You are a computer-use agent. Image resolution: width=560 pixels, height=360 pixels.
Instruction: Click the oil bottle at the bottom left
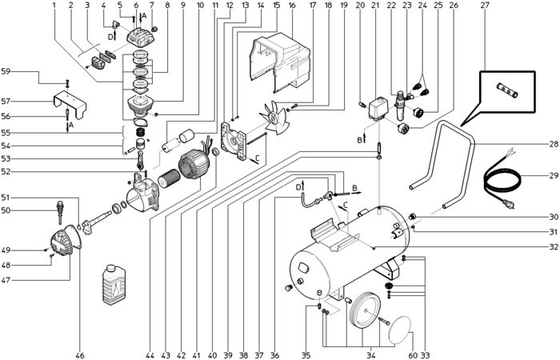coord(114,285)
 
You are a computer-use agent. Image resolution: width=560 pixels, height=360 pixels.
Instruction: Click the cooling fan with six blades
coord(274,117)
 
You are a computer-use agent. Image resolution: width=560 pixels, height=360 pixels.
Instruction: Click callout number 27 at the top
coord(485,6)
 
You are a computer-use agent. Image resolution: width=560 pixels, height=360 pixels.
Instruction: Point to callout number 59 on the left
coord(6,71)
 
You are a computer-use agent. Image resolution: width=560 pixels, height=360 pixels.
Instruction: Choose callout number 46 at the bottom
coord(79,355)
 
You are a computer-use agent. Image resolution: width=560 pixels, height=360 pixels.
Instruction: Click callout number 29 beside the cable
coord(553,175)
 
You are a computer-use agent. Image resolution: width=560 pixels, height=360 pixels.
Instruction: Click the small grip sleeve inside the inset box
coord(507,90)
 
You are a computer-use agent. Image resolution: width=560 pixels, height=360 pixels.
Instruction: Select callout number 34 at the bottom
coord(371,355)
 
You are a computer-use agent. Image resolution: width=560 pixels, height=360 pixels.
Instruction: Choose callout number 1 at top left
coord(54,6)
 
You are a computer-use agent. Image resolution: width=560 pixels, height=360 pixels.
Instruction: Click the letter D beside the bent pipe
coord(298,187)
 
